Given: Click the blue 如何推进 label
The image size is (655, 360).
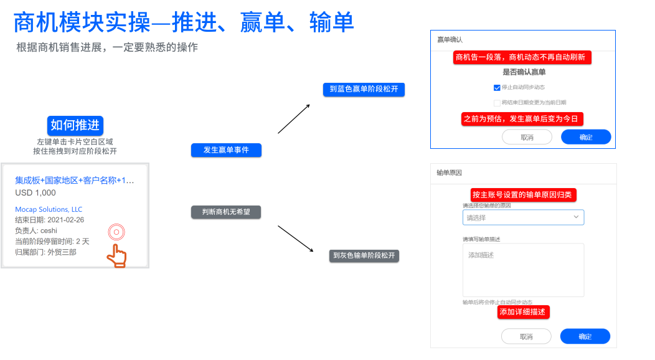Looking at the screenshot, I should (x=74, y=125).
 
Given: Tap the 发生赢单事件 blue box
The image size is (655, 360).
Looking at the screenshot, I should (x=225, y=150).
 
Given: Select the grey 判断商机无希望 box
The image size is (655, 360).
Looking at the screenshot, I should (x=225, y=212).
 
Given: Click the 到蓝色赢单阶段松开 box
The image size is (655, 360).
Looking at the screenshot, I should (x=364, y=90).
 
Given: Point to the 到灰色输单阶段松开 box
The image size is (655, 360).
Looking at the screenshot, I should (x=364, y=255).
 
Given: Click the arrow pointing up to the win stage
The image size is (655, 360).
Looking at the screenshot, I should (x=294, y=118).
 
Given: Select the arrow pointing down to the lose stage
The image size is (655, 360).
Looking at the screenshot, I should (x=295, y=239).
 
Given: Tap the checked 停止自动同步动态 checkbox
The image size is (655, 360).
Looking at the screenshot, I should (x=497, y=88).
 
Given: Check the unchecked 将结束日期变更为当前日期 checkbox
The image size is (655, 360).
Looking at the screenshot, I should (x=497, y=103).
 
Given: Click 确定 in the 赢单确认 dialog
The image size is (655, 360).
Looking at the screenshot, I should (x=585, y=137).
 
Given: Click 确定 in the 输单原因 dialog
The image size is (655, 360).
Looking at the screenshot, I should (x=585, y=336).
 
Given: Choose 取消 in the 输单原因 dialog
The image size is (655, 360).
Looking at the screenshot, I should (x=526, y=336).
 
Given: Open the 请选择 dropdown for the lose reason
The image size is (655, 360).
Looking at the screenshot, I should (x=523, y=217).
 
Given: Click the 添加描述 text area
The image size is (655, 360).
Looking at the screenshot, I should (x=523, y=270).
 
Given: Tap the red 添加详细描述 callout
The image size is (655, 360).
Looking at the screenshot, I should (x=524, y=312).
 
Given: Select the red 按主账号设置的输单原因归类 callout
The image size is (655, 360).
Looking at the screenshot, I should (x=523, y=195).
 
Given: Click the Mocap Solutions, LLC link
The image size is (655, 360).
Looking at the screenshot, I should (x=49, y=209).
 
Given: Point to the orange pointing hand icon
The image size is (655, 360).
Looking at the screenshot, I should (x=116, y=255).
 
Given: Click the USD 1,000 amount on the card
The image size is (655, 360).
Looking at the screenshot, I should (x=35, y=193).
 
